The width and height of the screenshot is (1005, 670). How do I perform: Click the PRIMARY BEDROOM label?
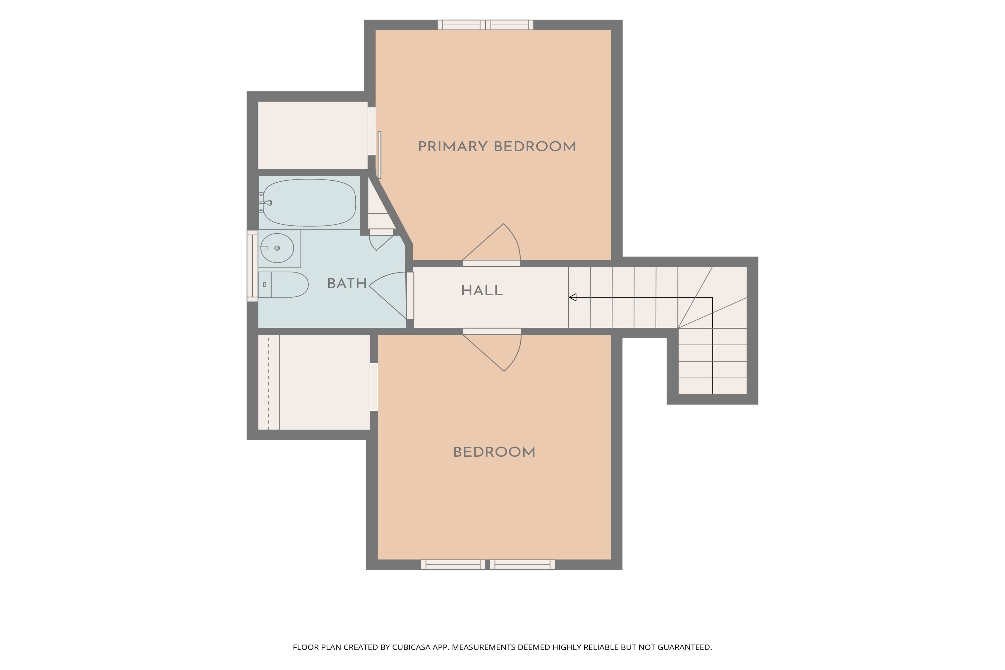click(497, 147)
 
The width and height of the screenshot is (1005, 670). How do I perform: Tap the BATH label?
click(346, 284)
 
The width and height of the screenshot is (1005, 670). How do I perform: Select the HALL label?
click(482, 291)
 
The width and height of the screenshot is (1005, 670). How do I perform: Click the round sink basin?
click(277, 248)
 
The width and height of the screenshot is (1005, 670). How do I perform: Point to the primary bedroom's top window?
click(485, 25)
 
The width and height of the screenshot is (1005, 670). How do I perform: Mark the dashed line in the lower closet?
click(269, 382)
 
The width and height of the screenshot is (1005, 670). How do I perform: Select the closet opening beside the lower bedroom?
click(374, 387)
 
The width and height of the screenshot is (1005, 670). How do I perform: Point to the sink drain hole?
click(277, 248)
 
